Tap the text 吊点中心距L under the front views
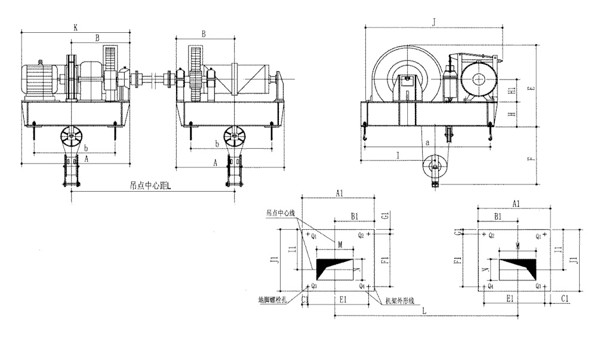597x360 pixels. pyautogui.click(x=150, y=186)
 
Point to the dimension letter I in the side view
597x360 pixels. pyautogui.click(x=396, y=155)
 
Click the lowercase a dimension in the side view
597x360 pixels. pyautogui.click(x=427, y=143)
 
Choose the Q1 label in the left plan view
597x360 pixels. pyautogui.click(x=313, y=235)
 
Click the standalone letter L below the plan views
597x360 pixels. pyautogui.click(x=423, y=311)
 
